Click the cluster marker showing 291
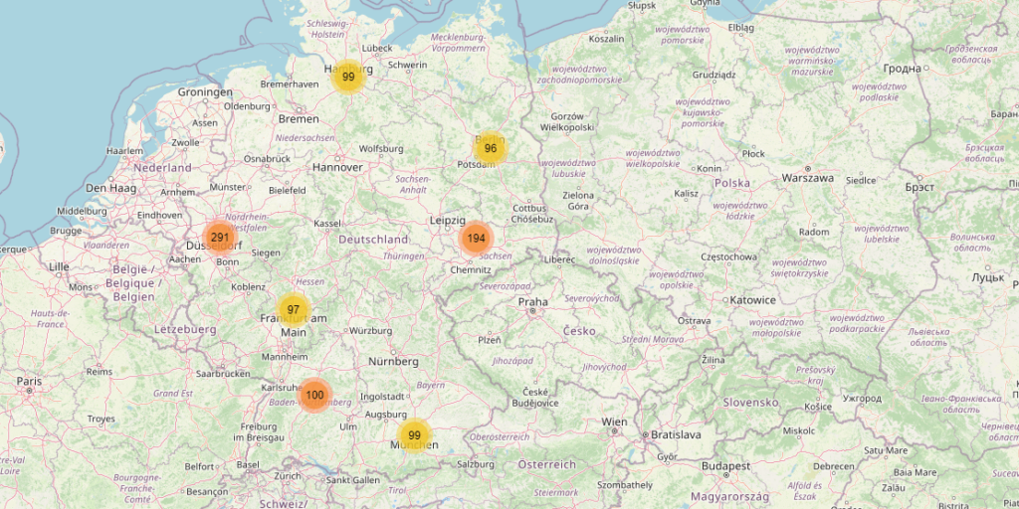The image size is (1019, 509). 219,238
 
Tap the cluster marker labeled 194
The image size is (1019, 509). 477,239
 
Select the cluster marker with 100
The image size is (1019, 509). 314,395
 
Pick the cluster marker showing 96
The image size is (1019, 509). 490,149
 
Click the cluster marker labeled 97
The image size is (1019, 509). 294,310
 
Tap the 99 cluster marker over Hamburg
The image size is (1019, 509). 348,77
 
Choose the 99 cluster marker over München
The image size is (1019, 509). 414,435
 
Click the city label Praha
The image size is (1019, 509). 532,301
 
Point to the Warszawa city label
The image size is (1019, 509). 807,178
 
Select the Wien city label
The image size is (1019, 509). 614,423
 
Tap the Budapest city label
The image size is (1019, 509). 724,465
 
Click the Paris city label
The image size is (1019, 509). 29,381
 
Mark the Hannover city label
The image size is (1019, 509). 337,167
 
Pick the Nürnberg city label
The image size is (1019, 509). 393,360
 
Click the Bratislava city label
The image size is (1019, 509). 676,434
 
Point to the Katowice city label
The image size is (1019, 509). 752,300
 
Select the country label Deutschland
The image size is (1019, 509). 373,240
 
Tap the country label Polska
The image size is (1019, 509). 731,183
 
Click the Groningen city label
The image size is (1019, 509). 205,92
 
